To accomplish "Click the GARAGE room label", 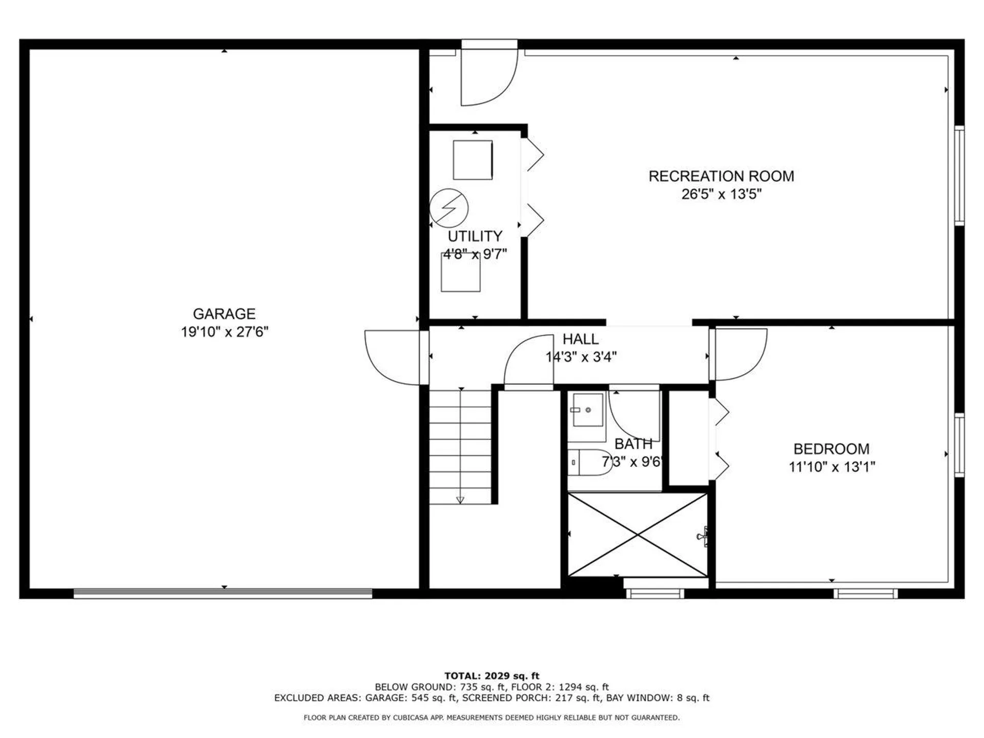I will point(224,314).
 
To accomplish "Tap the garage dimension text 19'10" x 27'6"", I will point(224,332).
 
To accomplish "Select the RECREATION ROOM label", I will point(721,176).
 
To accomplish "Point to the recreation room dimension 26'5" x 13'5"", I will point(721,194).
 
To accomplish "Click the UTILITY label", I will point(475,236).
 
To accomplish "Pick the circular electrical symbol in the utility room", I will point(448,208).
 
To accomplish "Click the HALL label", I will point(580,339).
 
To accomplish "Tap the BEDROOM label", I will point(831,449).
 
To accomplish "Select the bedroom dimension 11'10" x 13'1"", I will point(831,467).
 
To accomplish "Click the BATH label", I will point(633,444).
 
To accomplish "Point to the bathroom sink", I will point(587,410).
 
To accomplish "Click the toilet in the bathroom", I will point(589,462).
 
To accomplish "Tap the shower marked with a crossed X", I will point(638,535).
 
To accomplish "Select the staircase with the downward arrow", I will point(460,446).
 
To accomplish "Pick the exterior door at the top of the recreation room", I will point(488,74).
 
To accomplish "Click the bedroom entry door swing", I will point(740,354).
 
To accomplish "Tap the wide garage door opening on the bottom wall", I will point(223,593).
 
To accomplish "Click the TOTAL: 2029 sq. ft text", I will point(491,676).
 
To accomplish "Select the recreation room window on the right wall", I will point(959,175).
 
